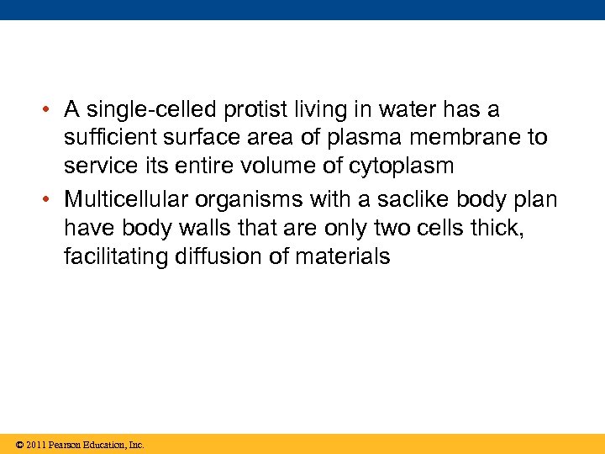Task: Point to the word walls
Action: (x=199, y=228)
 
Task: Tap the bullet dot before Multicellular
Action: (x=51, y=200)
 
